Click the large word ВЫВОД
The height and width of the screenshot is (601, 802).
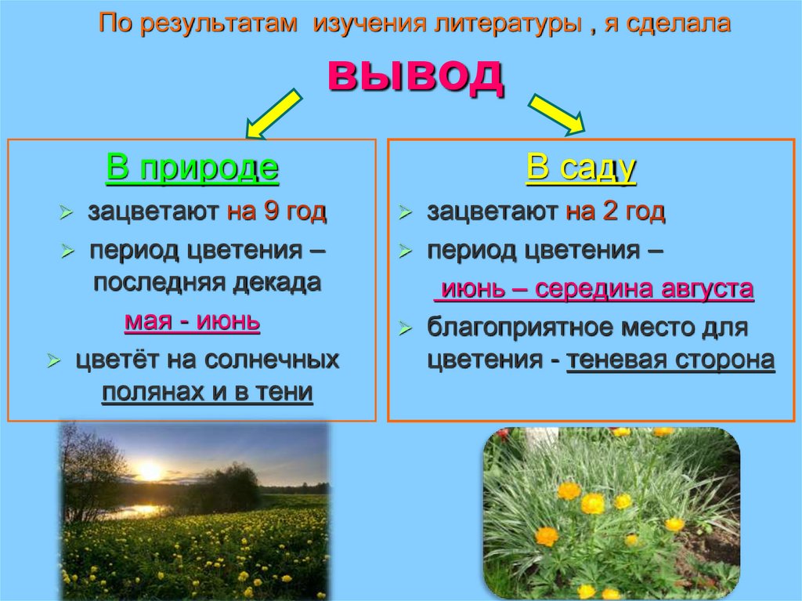[415, 76]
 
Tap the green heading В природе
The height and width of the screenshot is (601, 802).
[192, 168]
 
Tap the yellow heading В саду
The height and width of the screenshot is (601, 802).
[580, 168]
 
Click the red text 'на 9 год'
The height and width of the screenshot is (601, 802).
[276, 212]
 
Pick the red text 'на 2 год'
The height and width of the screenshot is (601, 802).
[616, 212]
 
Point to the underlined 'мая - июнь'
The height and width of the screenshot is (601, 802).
[192, 322]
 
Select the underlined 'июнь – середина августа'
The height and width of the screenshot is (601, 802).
[593, 289]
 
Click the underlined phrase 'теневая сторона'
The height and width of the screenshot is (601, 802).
[670, 360]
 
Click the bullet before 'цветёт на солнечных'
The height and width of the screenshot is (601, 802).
[54, 361]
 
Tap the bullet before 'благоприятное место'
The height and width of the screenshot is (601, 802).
[404, 329]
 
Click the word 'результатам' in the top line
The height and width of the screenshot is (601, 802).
[212, 24]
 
